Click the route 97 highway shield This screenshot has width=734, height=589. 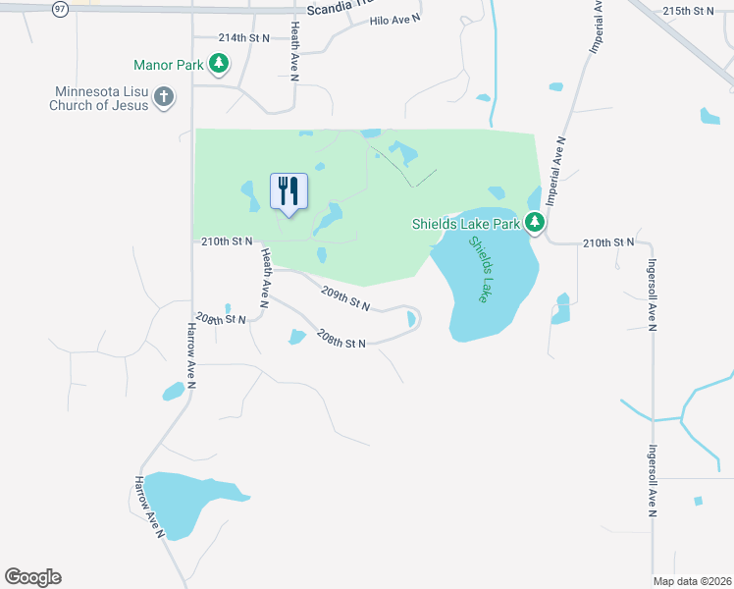(x=61, y=8)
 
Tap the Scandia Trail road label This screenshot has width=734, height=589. (x=340, y=10)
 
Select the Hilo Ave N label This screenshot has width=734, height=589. (x=396, y=20)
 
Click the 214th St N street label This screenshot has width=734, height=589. (x=243, y=37)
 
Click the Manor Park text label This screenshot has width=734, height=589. (x=169, y=66)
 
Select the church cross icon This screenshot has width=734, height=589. (x=164, y=97)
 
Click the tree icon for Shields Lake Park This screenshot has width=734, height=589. (x=535, y=224)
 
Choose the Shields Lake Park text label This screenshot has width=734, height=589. (x=465, y=224)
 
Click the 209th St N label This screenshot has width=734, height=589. (x=345, y=297)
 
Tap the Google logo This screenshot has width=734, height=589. (x=32, y=577)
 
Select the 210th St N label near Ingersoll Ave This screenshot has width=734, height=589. (x=608, y=241)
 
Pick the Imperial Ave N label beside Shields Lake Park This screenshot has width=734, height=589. (x=555, y=171)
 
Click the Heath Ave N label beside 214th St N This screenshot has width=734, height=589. (x=294, y=49)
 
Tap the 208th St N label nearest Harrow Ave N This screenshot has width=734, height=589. (x=220, y=319)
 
